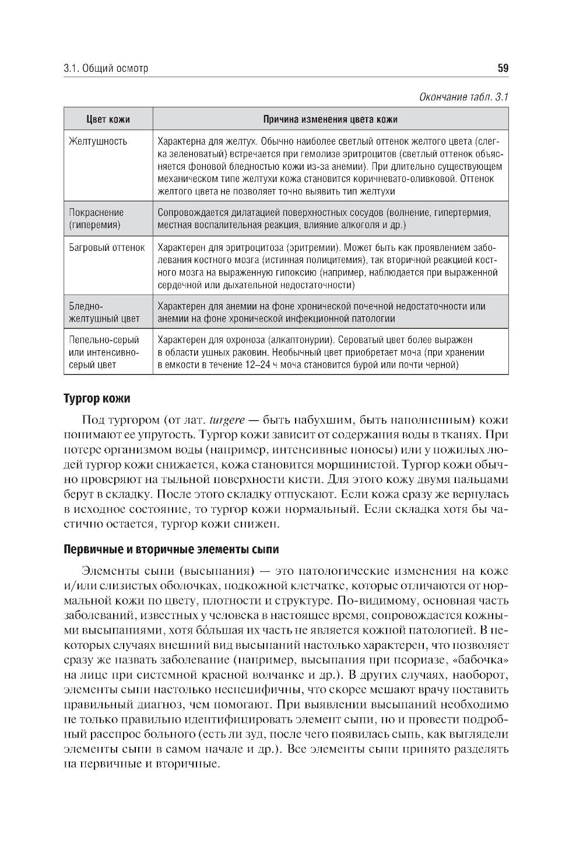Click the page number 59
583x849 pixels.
click(x=503, y=68)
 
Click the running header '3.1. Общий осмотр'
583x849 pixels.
click(x=106, y=68)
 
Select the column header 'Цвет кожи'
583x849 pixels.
click(x=108, y=120)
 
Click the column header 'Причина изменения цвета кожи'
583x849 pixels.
click(x=330, y=120)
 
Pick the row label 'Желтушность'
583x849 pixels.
click(x=98, y=142)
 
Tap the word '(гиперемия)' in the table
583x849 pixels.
click(x=94, y=225)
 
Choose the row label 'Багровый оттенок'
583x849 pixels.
click(x=107, y=247)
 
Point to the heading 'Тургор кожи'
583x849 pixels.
click(x=96, y=399)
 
